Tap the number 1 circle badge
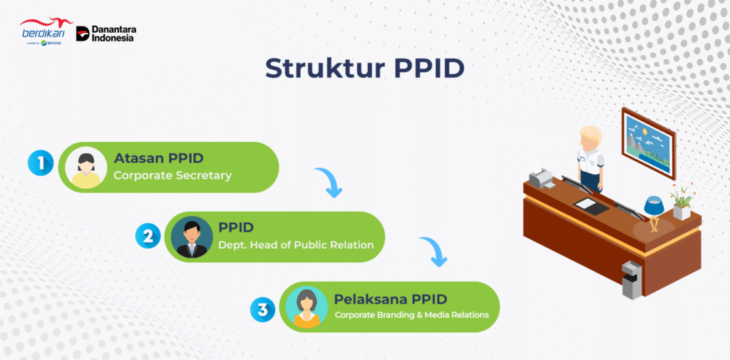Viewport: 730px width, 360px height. point(41,163)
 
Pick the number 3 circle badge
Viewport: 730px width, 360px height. point(263,309)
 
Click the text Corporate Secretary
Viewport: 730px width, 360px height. point(173,175)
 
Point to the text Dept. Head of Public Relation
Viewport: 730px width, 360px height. point(296,245)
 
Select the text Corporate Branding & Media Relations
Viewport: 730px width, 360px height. point(412,314)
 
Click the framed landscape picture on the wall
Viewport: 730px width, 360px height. point(647,143)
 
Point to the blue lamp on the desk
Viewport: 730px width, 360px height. point(654,207)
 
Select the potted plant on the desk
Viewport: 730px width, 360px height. point(682,202)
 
